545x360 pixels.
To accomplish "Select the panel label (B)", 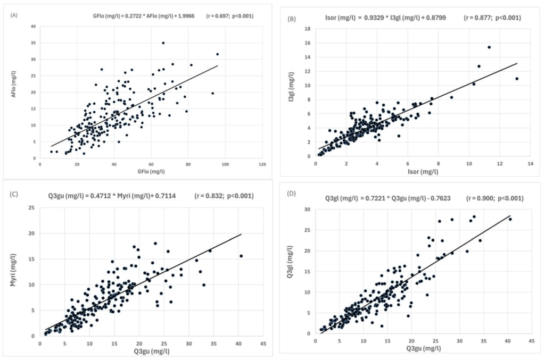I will [x=292, y=19].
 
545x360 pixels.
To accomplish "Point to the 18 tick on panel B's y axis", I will [x=308, y=28].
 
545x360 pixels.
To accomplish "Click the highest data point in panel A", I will [x=163, y=43].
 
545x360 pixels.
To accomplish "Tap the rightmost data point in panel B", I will [x=516, y=79].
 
